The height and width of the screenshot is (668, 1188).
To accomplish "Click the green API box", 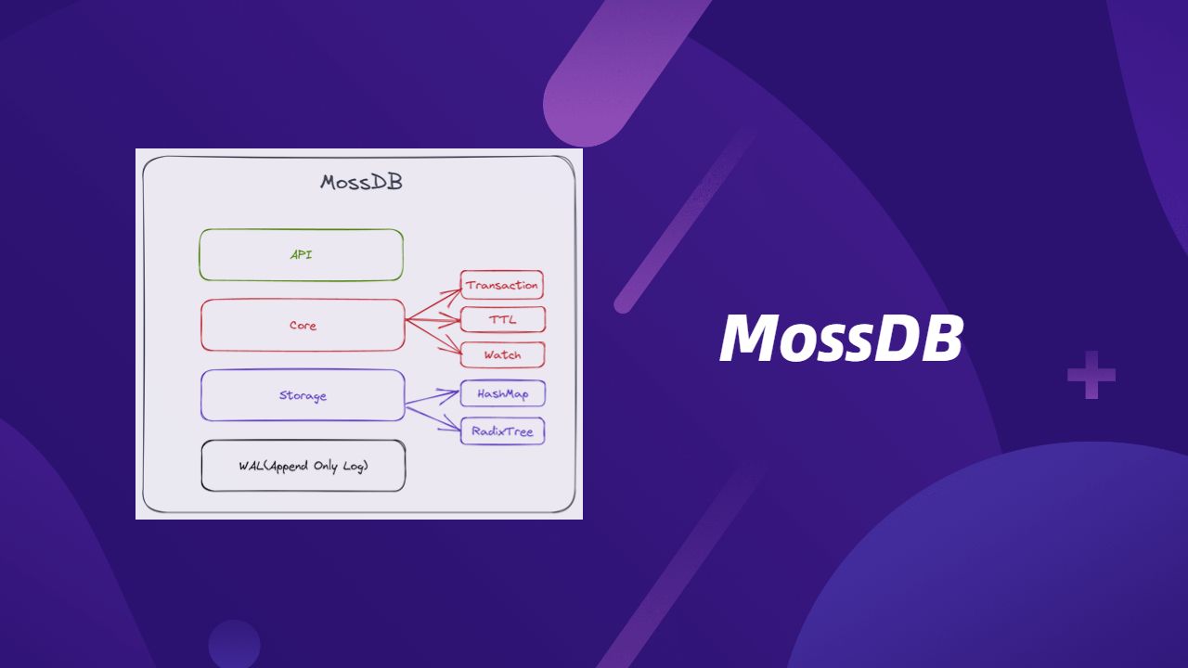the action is pyautogui.click(x=302, y=255).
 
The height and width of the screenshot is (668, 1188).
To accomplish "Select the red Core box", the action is pyautogui.click(x=303, y=325).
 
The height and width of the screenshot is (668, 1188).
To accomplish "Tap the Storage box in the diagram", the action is pyautogui.click(x=303, y=395).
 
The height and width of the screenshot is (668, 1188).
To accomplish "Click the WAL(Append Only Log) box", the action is pyautogui.click(x=303, y=466).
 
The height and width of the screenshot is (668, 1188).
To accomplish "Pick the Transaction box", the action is pyautogui.click(x=502, y=285).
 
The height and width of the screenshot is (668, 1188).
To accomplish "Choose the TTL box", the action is pyautogui.click(x=503, y=320).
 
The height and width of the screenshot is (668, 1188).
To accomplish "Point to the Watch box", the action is pyautogui.click(x=502, y=354).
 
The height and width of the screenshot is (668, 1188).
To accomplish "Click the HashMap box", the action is pyautogui.click(x=503, y=394).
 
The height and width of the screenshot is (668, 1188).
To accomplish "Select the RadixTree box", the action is pyautogui.click(x=502, y=431).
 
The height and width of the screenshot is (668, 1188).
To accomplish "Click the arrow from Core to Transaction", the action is pyautogui.click(x=433, y=304).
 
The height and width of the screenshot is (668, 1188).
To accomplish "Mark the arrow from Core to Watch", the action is pyautogui.click(x=433, y=337).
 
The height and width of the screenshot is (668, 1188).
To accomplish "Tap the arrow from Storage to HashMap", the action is pyautogui.click(x=433, y=398).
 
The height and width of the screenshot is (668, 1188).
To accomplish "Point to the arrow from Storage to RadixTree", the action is pyautogui.click(x=433, y=418).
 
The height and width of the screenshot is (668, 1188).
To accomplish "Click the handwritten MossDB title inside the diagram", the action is pyautogui.click(x=361, y=183).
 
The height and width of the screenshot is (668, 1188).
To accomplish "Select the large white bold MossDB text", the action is pyautogui.click(x=841, y=338).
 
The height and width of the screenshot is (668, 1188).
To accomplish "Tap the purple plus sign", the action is pyautogui.click(x=1091, y=375).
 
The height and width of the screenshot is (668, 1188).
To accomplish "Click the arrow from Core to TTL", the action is pyautogui.click(x=433, y=320).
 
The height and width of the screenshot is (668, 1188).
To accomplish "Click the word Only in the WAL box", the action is pyautogui.click(x=326, y=466).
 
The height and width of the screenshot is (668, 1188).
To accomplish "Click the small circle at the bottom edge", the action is pyautogui.click(x=234, y=644).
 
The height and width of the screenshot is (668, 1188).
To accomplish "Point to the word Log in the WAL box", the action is pyautogui.click(x=355, y=467).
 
